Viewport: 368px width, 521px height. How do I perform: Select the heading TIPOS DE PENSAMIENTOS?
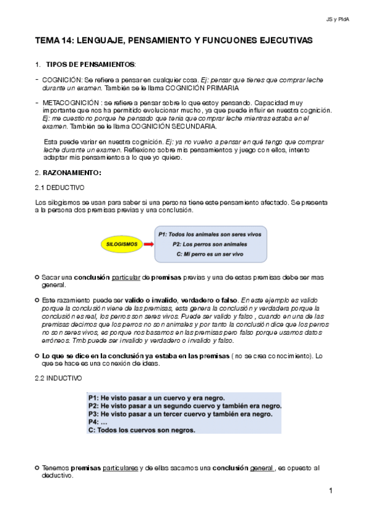point(90,65)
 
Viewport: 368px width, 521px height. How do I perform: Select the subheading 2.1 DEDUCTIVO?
point(60,187)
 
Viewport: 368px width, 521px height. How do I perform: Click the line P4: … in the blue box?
point(98,422)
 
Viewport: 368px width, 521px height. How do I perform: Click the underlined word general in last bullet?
point(262,468)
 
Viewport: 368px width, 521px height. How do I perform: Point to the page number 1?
point(331,491)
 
